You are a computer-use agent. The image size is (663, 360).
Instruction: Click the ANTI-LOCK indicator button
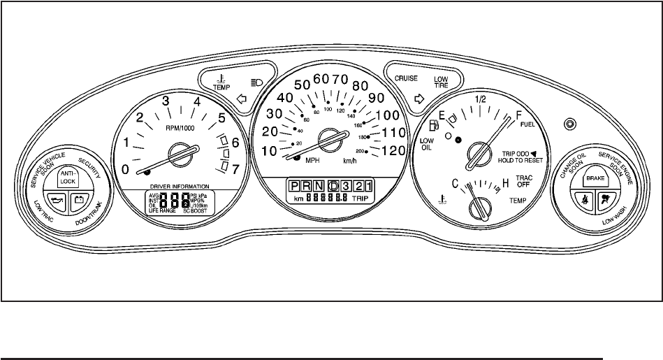(x=67, y=177)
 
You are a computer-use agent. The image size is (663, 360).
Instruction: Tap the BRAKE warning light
(x=595, y=179)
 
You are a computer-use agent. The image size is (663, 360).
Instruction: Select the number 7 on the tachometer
(x=237, y=169)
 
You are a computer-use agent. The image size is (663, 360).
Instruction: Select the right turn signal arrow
(x=420, y=99)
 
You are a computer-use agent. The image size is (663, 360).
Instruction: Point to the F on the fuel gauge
(x=518, y=115)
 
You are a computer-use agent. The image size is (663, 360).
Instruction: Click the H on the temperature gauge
(x=505, y=185)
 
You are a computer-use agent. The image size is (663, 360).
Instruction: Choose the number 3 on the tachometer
(x=166, y=102)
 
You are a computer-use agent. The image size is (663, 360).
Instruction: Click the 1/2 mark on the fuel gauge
(x=480, y=99)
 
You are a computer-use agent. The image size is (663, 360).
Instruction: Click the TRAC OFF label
(x=524, y=182)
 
